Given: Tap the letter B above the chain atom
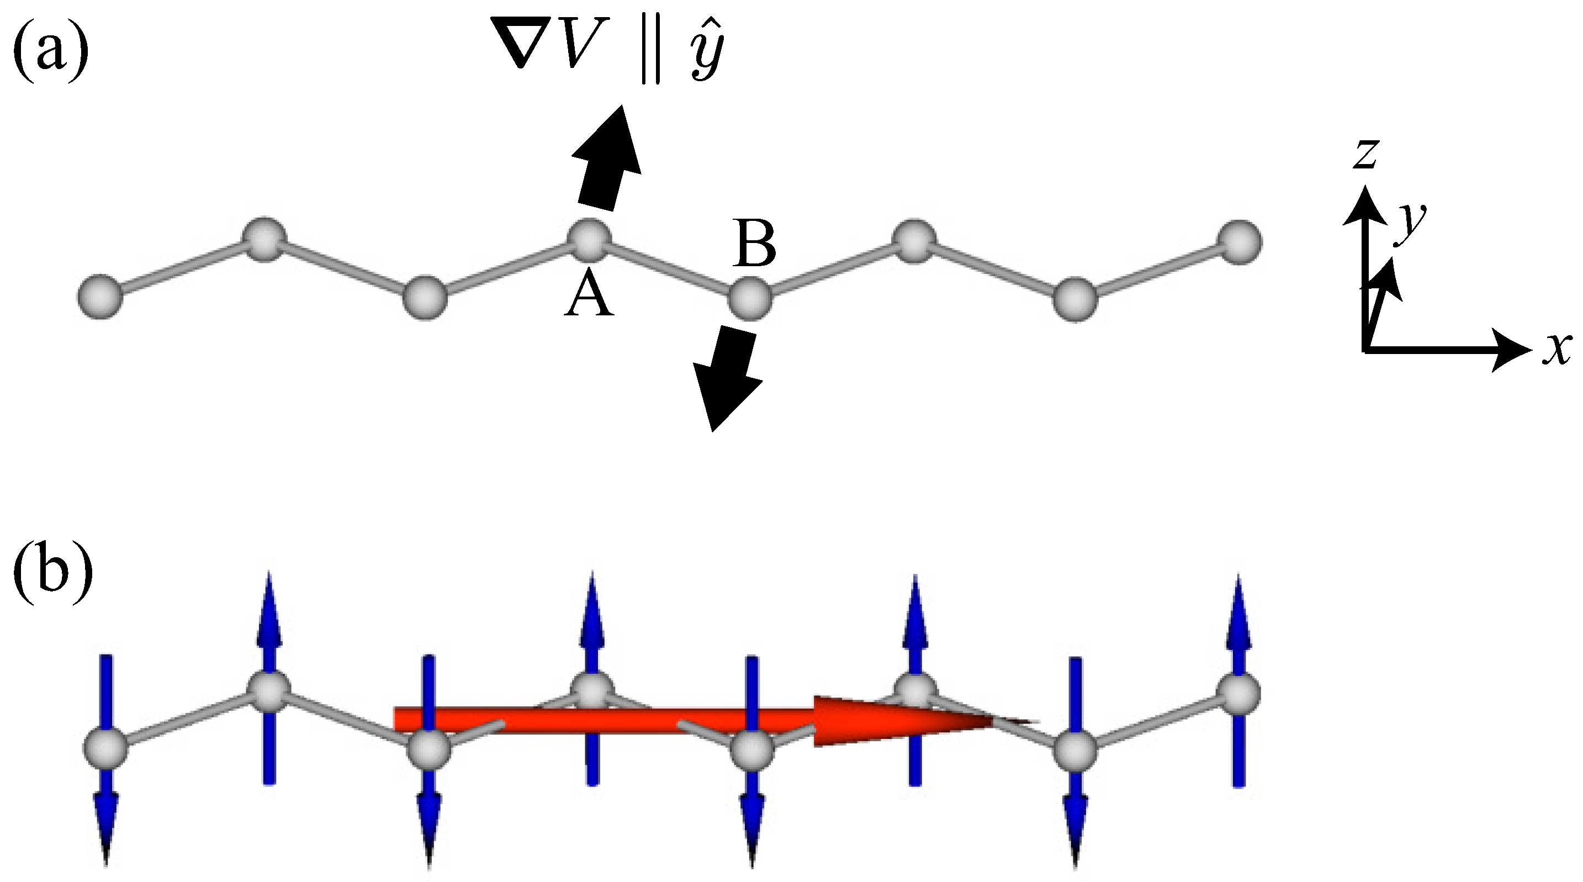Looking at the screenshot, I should (755, 246).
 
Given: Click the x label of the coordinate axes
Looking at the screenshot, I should (1558, 350).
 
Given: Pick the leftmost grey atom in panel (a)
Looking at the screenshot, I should (99, 297).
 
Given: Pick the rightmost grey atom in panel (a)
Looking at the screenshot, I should (1240, 242).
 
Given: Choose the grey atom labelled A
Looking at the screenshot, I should (589, 239).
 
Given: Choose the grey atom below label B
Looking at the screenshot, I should (750, 299).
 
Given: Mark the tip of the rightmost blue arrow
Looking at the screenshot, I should (1238, 581).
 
